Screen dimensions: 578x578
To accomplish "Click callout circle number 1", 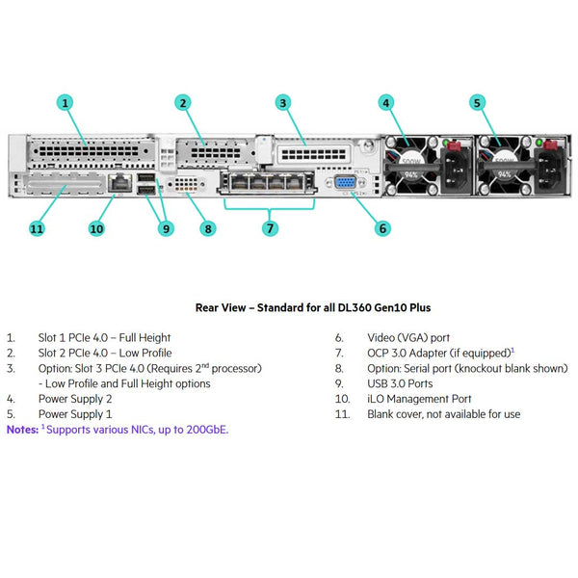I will (x=65, y=102).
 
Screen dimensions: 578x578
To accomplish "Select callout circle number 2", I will (x=183, y=102).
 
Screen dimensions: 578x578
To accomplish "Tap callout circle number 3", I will (x=282, y=102).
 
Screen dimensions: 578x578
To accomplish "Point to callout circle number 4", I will (x=386, y=102).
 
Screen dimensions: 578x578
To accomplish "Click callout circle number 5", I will (x=477, y=102).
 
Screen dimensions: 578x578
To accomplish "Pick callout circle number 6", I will (x=382, y=228).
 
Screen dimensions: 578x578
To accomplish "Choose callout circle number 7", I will (x=270, y=228).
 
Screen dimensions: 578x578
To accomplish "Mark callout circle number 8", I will (x=208, y=228).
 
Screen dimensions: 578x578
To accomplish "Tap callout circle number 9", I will (x=167, y=228).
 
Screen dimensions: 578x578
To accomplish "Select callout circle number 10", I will (x=96, y=228).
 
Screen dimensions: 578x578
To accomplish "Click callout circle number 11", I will (x=37, y=228).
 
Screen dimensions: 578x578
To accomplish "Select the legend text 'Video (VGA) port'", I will (x=408, y=338).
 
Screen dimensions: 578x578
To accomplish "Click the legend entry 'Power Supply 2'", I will (x=75, y=399).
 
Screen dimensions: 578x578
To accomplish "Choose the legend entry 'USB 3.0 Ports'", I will (x=401, y=383).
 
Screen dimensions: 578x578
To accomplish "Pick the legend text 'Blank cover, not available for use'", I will (x=443, y=414).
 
